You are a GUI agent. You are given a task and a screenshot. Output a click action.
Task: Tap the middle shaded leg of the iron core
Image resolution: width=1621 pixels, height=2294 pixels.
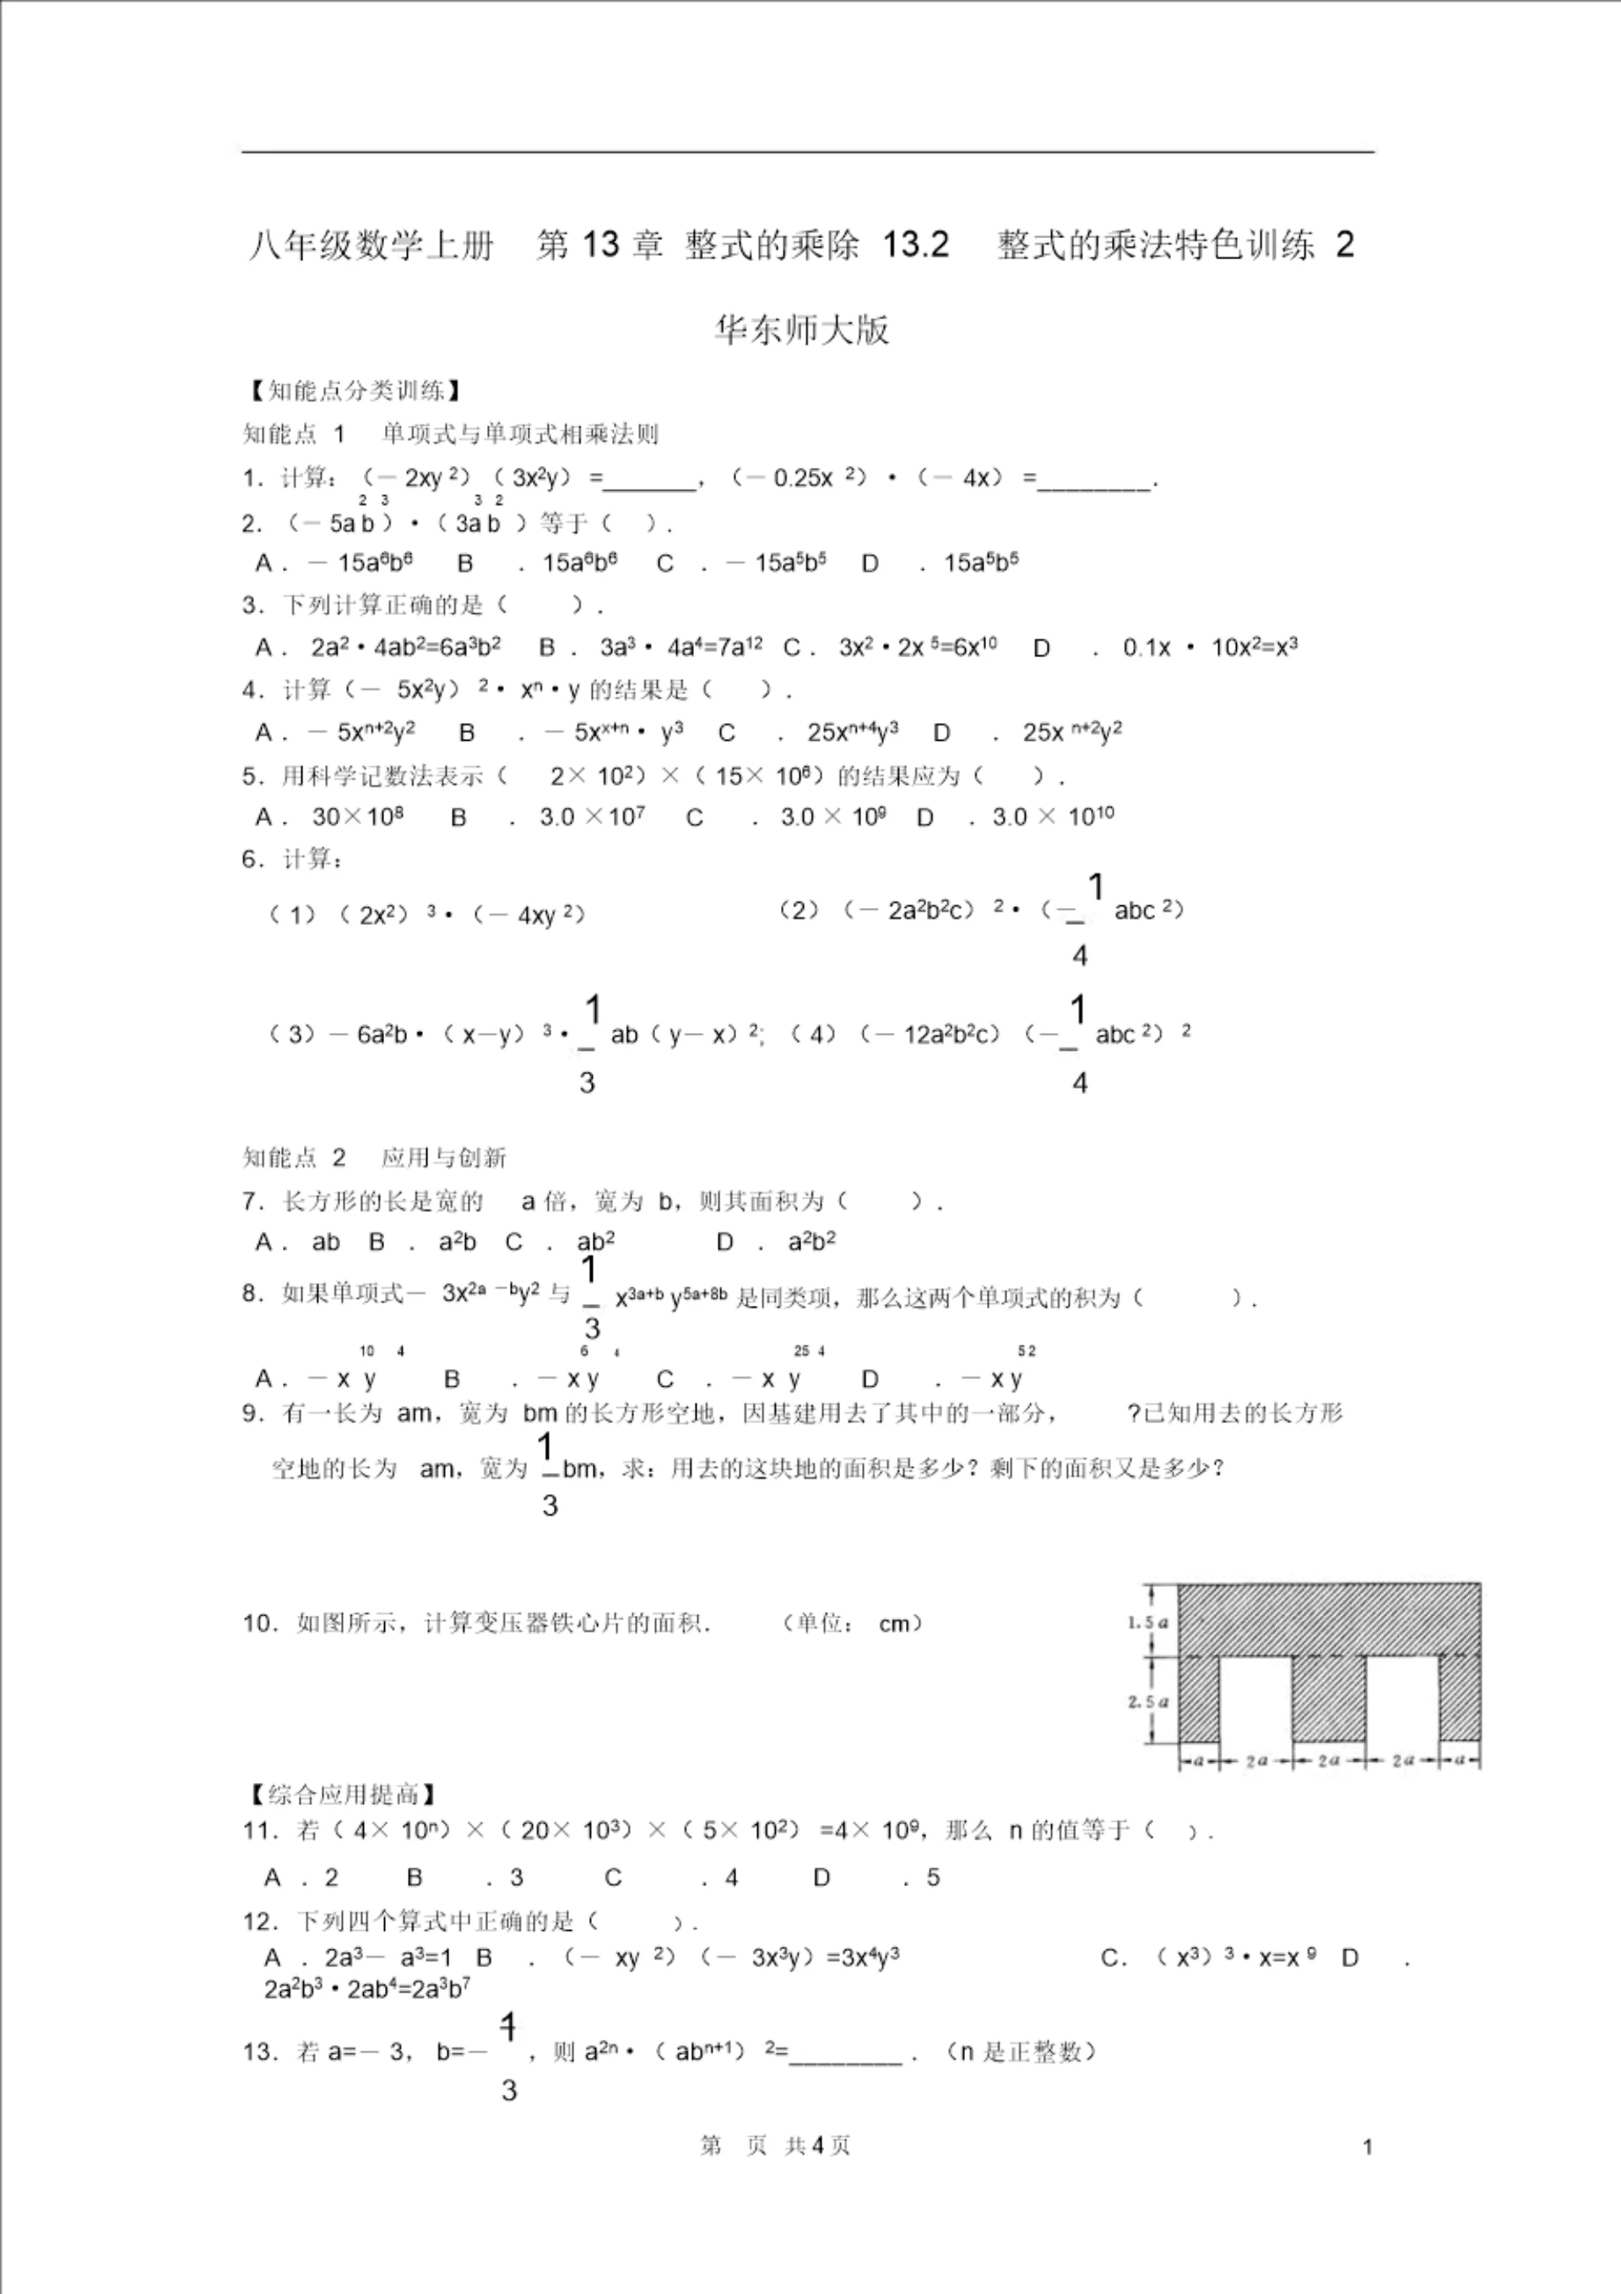1328,1699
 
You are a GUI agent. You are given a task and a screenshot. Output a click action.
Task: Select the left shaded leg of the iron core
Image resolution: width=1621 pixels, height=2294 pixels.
1199,1699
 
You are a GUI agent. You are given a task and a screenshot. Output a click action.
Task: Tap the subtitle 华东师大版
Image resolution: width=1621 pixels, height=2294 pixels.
801,329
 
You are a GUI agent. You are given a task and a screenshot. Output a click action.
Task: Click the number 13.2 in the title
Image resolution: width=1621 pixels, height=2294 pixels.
915,245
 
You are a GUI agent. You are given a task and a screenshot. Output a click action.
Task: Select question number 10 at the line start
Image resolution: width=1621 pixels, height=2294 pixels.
258,1623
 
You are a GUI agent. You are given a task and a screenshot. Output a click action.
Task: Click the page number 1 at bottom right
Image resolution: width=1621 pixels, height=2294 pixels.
1368,2147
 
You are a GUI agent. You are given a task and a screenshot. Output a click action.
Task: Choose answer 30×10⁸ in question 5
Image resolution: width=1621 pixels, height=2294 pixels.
356,818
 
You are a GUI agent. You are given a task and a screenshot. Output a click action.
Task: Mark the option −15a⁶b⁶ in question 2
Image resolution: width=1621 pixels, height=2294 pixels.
361,563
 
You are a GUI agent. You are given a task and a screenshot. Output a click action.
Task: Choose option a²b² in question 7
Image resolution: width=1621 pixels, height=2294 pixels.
811,1242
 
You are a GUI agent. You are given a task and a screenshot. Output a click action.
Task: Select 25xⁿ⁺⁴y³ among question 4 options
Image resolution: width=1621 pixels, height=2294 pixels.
852,732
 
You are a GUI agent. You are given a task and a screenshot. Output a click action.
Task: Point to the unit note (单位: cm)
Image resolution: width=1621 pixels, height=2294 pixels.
852,1623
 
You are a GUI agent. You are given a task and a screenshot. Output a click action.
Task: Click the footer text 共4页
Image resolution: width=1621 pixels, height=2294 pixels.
818,2146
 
